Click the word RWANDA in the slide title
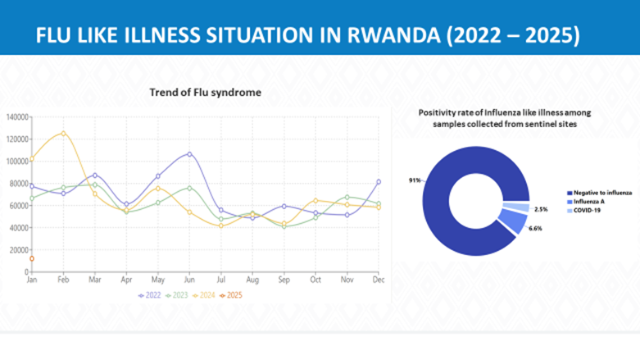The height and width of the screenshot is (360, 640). (x=383, y=36)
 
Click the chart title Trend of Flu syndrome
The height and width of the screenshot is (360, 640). (x=205, y=93)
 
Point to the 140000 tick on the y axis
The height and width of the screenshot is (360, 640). (x=16, y=116)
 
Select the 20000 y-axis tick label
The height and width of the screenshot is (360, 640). (x=18, y=249)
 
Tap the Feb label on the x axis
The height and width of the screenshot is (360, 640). (x=62, y=280)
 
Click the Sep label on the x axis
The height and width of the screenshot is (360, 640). (x=284, y=280)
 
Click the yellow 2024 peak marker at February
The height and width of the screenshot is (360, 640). (x=63, y=133)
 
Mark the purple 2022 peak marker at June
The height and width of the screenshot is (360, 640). (x=189, y=154)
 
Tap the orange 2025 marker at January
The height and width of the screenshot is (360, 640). (x=31, y=259)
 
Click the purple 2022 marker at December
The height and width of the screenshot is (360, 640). (x=379, y=181)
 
